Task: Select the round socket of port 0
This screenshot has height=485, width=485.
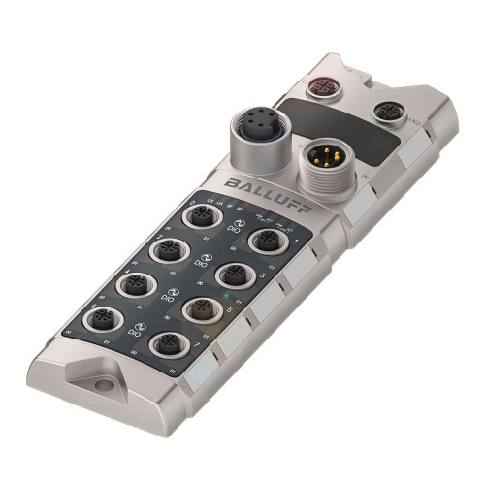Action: tap(201, 215)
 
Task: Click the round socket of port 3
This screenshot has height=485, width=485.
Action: tap(235, 275)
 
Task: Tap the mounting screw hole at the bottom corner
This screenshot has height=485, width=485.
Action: tap(104, 385)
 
